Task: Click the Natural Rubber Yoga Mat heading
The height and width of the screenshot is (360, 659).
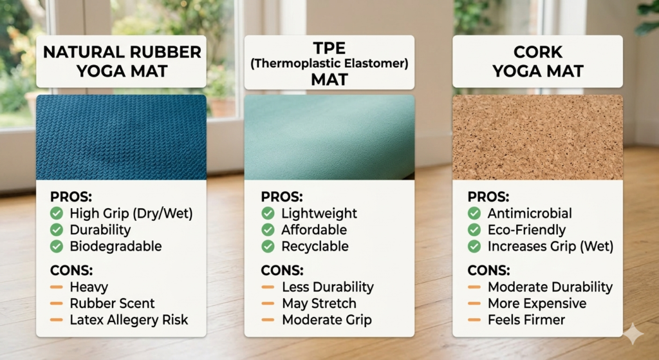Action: pos(121,61)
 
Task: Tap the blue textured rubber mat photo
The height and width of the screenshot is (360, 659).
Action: pos(121,137)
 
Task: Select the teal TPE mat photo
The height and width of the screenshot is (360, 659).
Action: pos(329,137)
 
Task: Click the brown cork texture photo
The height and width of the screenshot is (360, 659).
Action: pos(537,137)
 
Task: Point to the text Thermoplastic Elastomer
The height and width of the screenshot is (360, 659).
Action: pos(329,64)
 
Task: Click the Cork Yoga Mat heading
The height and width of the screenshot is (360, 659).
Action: pos(537,61)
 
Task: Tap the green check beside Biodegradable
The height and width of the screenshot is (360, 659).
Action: pos(57,246)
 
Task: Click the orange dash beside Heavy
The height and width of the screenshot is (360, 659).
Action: pos(57,287)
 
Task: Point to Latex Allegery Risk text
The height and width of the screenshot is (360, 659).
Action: pos(129,320)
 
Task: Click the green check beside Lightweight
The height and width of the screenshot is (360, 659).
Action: pos(268,213)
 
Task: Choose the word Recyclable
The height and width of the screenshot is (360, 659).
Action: pos(315,246)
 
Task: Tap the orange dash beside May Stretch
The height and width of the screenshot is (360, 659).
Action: pos(268,303)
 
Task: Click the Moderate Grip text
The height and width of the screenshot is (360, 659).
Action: pos(326,320)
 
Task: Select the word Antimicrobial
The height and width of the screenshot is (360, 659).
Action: pos(530,213)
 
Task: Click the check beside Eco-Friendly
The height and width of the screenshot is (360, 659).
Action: pos(474,230)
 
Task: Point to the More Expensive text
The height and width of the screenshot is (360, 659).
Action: pos(537,303)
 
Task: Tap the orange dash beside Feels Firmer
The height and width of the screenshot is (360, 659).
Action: pos(474,320)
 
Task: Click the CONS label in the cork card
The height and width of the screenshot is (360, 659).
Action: pos(489,270)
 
